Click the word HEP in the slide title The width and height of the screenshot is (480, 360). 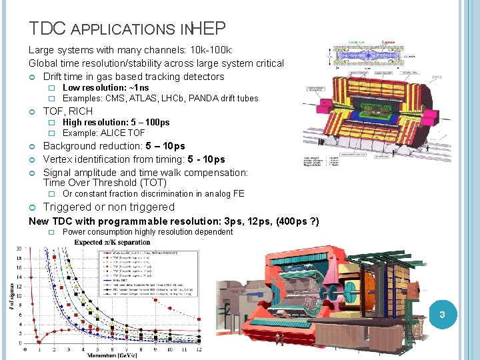209,29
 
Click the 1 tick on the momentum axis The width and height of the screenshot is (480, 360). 39,350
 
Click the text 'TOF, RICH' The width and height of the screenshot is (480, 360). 68,111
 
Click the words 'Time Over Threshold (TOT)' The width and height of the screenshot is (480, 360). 105,183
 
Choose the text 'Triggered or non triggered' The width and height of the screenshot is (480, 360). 109,207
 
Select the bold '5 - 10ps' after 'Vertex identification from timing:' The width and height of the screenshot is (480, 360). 206,159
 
